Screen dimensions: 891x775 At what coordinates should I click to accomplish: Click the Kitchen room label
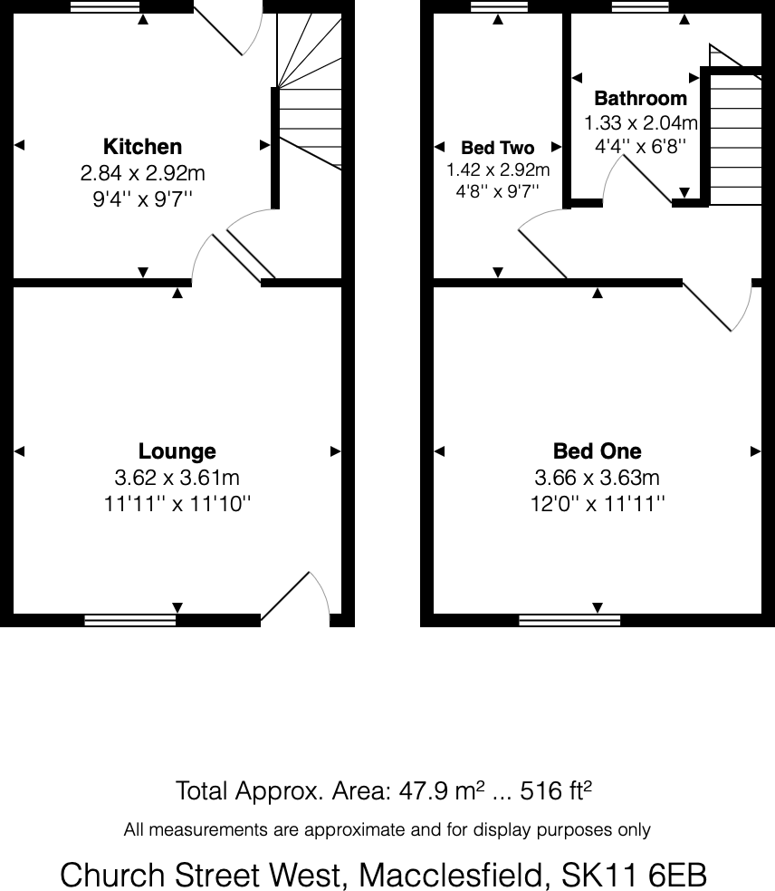point(142,147)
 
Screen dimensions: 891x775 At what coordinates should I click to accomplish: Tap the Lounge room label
point(177,451)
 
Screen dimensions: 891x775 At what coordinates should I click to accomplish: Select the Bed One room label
point(597,451)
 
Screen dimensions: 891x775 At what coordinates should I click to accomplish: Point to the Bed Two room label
point(497,148)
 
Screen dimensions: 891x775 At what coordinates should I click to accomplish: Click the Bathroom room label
point(640,99)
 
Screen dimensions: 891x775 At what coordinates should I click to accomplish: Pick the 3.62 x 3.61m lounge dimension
point(177,478)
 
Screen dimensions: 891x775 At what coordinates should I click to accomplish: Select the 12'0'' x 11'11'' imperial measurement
point(597,504)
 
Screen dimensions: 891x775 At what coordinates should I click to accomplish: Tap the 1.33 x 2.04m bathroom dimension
point(640,122)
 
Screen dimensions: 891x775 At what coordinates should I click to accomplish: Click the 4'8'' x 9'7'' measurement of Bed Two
point(497,190)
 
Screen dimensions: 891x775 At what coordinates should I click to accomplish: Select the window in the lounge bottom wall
point(130,620)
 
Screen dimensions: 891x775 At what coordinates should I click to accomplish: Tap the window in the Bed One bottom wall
point(569,620)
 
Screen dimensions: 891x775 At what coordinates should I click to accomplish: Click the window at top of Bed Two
point(498,6)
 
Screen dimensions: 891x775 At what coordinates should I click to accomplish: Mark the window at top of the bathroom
point(639,6)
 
